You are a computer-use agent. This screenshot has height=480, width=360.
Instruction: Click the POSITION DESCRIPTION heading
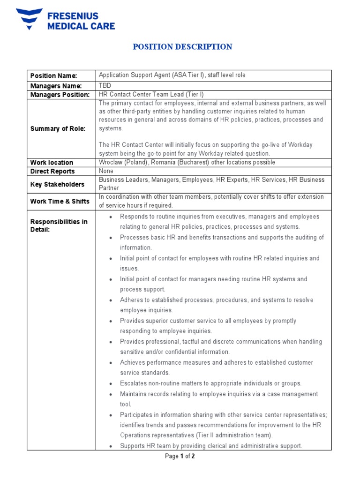(182, 47)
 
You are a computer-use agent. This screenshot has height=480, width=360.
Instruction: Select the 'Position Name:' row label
(53, 76)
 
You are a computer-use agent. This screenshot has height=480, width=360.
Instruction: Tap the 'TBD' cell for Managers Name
(105, 86)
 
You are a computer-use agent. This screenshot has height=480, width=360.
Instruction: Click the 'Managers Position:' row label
(60, 95)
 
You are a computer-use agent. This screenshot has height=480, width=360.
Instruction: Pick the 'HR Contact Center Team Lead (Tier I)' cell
(151, 95)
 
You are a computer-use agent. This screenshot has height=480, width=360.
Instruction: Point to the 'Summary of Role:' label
(58, 129)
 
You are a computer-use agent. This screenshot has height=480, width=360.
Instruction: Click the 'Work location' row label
(52, 163)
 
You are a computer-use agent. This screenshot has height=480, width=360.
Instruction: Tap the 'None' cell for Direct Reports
(106, 172)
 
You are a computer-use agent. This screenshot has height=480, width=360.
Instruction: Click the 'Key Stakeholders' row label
(57, 185)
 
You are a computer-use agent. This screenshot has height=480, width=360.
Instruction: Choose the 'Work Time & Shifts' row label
(60, 202)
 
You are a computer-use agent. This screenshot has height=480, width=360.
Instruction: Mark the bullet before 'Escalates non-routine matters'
(110, 383)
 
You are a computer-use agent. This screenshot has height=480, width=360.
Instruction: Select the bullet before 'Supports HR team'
(110, 446)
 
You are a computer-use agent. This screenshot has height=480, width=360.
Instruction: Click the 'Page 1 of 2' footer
(180, 456)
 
